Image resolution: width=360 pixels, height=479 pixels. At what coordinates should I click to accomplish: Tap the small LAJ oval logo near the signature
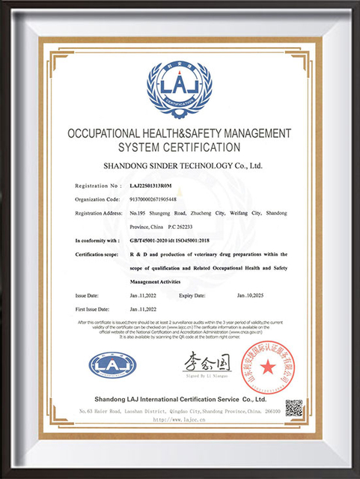click(112, 364)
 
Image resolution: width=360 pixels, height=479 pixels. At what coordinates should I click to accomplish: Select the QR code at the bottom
click(294, 408)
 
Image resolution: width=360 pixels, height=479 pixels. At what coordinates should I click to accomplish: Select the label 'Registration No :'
click(98, 185)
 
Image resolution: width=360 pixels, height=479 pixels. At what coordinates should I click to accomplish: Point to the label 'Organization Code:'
click(98, 200)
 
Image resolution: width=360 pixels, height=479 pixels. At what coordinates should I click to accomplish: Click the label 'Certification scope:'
click(99, 255)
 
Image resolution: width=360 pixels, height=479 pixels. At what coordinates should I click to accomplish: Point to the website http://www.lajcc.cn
click(180, 421)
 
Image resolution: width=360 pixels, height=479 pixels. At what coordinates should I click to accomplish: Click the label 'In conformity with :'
click(97, 240)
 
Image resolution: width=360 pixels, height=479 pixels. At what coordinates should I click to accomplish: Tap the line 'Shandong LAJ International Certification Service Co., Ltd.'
click(180, 398)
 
